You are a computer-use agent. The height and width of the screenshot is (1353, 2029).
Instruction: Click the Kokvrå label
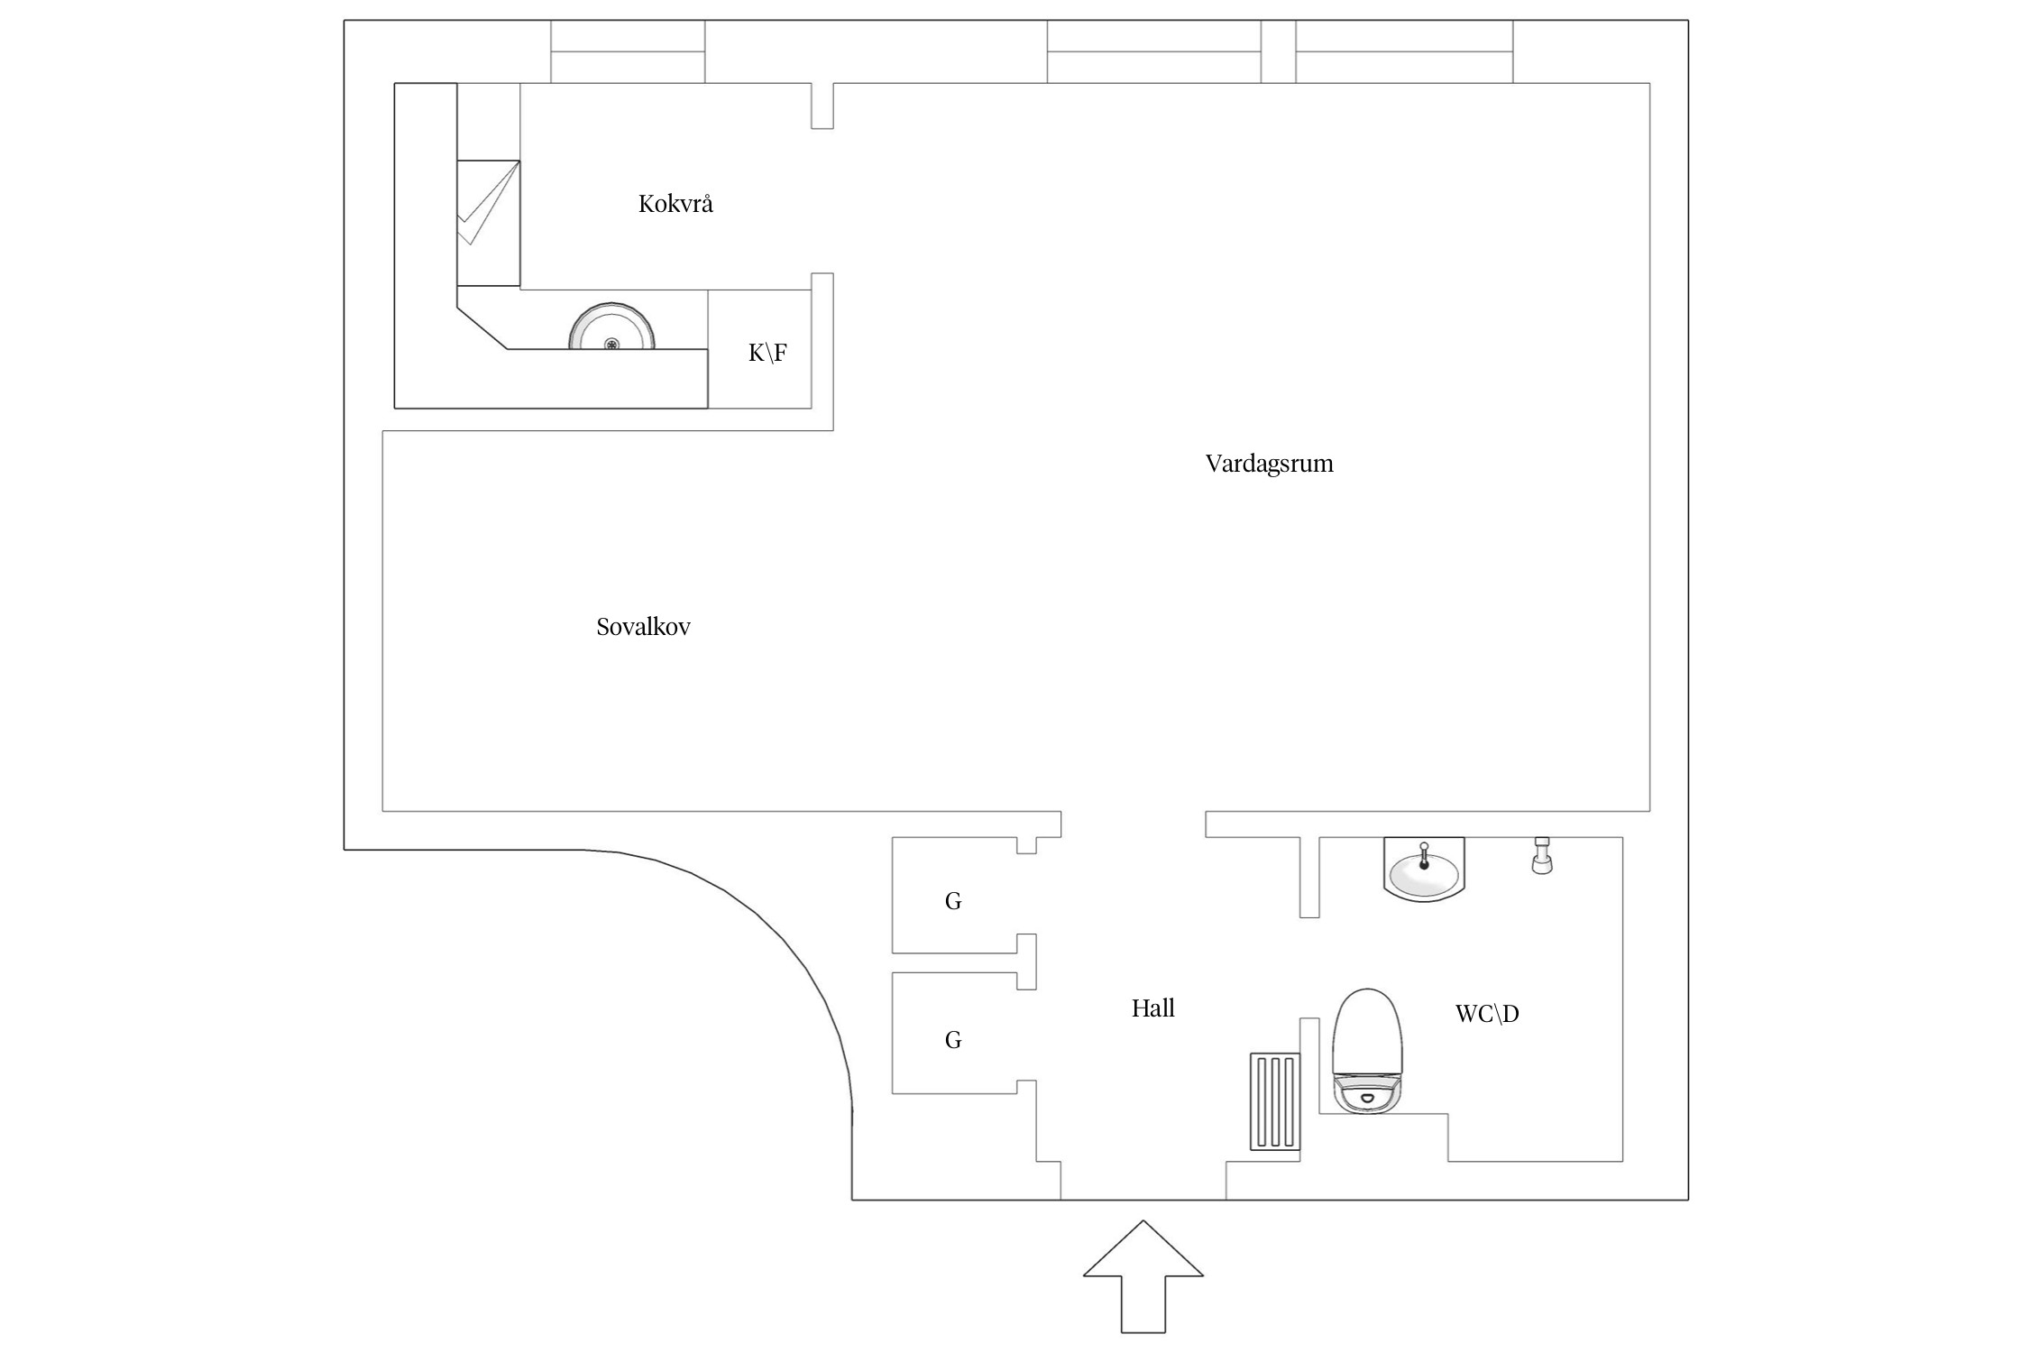point(675,204)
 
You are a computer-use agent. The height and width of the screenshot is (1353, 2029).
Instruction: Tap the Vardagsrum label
point(1269,464)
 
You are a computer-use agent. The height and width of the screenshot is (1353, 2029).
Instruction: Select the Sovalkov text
point(643,627)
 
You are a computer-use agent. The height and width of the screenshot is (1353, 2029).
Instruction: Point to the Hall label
point(1152,1008)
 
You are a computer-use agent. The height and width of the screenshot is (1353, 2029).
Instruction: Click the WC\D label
point(1487,1014)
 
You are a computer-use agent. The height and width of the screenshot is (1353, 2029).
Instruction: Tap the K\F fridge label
point(767,353)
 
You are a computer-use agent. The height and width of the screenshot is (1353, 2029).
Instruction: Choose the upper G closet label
point(953,901)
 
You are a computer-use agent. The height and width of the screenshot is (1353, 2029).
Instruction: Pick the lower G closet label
point(953,1040)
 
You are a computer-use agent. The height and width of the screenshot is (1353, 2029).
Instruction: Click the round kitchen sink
point(611,329)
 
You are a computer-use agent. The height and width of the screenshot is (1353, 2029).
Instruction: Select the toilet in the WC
point(1368,1037)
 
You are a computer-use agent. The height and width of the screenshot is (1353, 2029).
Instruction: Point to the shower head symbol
point(1542,854)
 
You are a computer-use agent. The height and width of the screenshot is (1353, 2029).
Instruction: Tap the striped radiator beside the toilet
point(1275,1101)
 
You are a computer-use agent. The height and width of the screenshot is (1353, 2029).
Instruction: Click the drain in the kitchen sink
point(611,343)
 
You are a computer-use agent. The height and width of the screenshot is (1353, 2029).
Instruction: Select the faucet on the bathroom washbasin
point(1424,853)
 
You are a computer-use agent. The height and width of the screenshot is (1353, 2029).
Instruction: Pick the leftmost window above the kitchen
point(628,51)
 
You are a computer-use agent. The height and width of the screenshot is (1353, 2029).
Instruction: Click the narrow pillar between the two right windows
point(1278,51)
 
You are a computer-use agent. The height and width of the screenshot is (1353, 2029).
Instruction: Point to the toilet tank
point(1368,1094)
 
